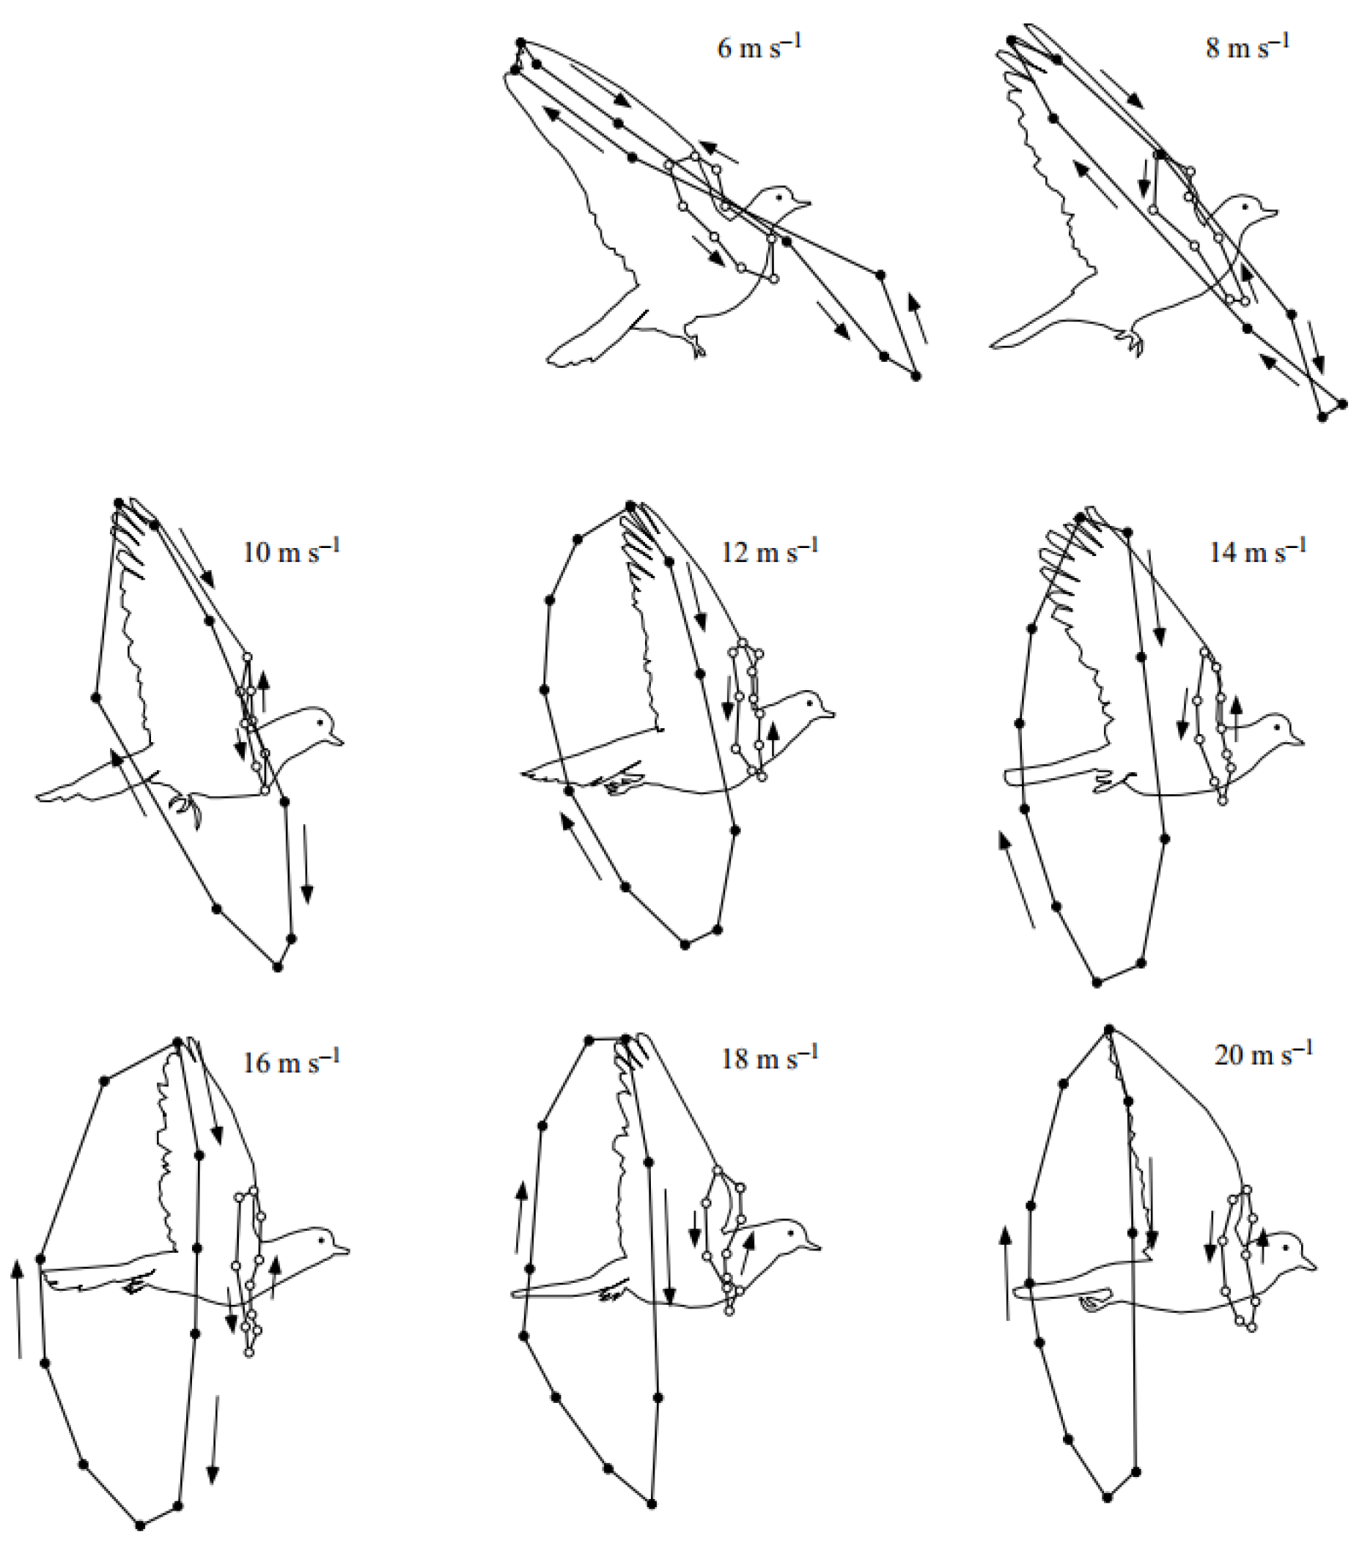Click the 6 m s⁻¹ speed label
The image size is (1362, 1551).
[x=759, y=47]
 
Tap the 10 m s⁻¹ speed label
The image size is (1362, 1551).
[x=291, y=552]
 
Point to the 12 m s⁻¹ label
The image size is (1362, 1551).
[x=769, y=552]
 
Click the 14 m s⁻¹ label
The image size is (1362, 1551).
[x=1257, y=552]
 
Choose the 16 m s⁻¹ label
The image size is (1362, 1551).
[x=291, y=1062]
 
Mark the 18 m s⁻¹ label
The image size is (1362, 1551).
[x=769, y=1058]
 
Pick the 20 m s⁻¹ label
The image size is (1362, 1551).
[x=1262, y=1055]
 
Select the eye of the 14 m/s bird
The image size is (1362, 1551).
[x=1278, y=728]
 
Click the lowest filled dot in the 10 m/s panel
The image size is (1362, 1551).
[x=278, y=967]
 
